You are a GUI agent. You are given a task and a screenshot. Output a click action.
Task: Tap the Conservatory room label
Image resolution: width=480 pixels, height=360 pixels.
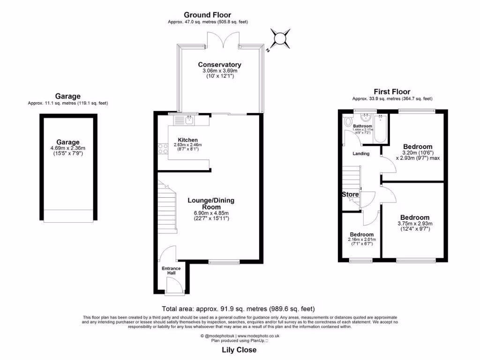(219, 65)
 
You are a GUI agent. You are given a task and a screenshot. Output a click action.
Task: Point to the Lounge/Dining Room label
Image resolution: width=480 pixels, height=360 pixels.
(211, 203)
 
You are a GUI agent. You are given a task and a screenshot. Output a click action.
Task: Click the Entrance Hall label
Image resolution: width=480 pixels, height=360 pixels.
(171, 270)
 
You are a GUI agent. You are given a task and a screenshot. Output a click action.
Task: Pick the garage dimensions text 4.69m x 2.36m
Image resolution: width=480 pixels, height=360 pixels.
(68, 148)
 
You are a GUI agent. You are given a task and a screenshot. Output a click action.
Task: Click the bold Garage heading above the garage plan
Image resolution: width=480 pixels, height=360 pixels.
(67, 96)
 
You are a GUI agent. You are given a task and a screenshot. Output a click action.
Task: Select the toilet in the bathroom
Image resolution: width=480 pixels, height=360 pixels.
(347, 122)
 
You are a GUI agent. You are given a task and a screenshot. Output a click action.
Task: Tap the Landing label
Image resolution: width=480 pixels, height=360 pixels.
(361, 153)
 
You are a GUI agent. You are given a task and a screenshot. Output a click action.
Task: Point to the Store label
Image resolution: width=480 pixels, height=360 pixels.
(350, 195)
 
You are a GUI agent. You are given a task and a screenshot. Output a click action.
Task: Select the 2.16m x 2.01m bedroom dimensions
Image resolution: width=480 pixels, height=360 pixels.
(361, 240)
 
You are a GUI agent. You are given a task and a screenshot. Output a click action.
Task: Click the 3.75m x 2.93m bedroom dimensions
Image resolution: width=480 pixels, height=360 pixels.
(415, 224)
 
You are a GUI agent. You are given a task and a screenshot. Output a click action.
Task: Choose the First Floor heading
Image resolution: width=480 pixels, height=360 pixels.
(391, 92)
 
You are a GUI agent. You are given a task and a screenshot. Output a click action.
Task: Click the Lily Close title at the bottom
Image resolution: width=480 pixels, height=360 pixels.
(239, 350)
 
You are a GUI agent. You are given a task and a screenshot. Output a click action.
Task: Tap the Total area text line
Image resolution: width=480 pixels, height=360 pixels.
(238, 309)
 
